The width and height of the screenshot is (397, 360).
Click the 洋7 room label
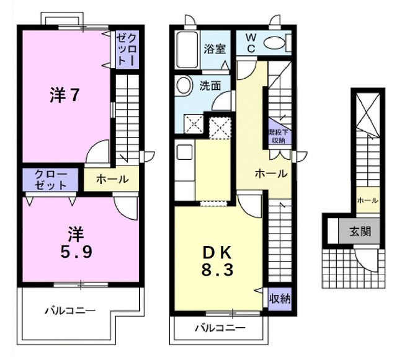(65, 95)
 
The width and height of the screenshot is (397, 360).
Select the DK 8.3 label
(218, 261)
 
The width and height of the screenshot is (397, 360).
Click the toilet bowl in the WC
(274, 43)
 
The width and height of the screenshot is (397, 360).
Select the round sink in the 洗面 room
(184, 86)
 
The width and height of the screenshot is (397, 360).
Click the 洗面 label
(210, 86)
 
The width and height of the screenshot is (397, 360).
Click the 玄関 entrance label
(360, 232)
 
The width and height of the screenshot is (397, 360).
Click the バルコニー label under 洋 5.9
(69, 311)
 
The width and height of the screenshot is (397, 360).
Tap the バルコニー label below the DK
(220, 327)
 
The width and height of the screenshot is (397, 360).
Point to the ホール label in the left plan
(112, 180)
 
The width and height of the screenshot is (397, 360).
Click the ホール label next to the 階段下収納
(271, 173)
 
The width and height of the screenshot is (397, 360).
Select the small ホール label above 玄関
(367, 200)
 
